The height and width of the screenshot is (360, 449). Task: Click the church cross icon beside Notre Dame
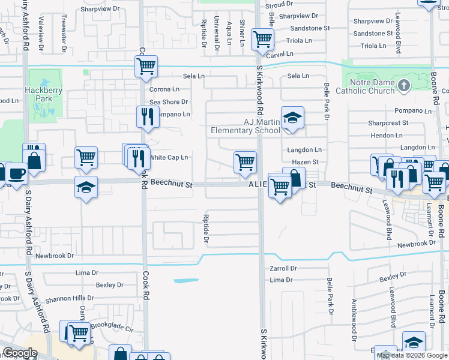(x=403, y=86)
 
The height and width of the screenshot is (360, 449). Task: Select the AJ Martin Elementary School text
(x=245, y=126)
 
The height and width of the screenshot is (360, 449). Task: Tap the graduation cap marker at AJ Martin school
(x=292, y=118)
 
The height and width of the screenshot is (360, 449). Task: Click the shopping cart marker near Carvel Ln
(x=262, y=40)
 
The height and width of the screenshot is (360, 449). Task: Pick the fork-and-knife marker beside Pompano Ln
(x=147, y=117)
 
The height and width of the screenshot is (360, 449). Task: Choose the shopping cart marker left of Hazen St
(x=245, y=161)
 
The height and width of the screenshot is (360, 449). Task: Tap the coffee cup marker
(x=16, y=173)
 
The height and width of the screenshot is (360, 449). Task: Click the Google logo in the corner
(x=20, y=353)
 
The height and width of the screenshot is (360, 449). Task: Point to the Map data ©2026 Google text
(x=412, y=355)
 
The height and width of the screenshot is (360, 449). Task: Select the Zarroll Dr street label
(x=283, y=268)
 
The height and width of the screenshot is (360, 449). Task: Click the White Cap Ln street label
(x=169, y=157)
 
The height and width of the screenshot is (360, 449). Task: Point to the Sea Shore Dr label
(x=169, y=102)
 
